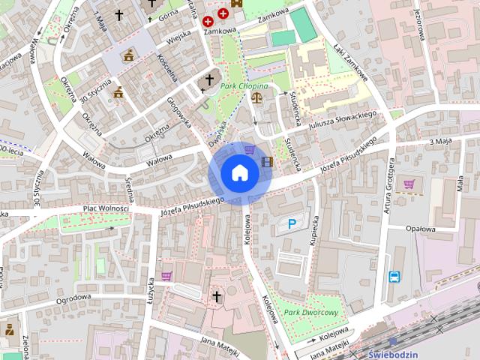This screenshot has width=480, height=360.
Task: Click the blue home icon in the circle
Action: [x=240, y=173]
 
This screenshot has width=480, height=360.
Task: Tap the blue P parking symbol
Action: [x=292, y=223]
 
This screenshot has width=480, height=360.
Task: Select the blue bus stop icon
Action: [x=394, y=277]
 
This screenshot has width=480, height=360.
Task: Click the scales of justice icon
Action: [x=258, y=97]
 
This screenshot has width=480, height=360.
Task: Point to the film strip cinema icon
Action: [x=267, y=161]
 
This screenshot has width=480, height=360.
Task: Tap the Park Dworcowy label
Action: [x=311, y=311]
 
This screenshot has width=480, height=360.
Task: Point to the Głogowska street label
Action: [x=179, y=112]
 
